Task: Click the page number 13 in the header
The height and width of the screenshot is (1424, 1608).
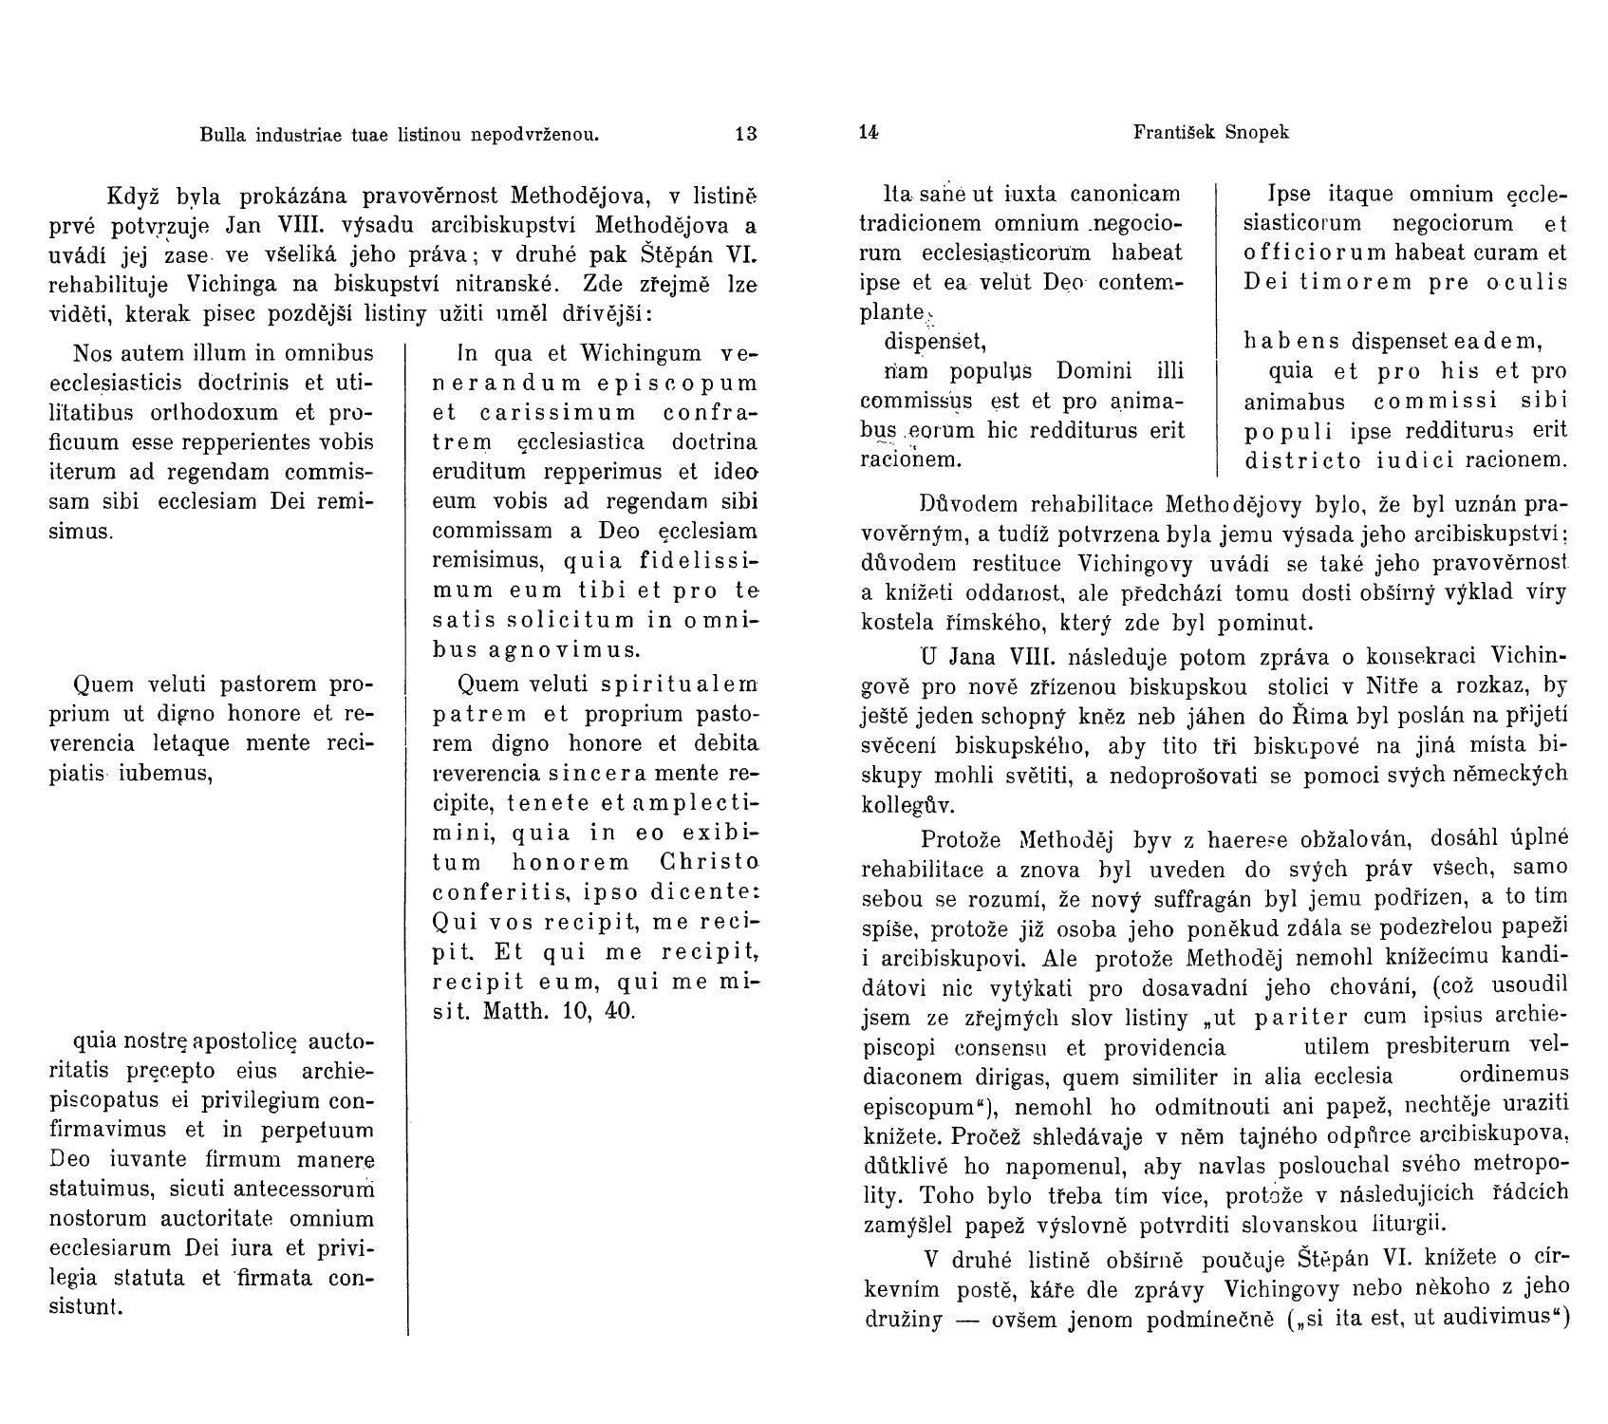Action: [746, 134]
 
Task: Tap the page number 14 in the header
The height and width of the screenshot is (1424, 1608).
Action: [868, 133]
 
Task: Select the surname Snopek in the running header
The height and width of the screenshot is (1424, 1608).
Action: [1255, 133]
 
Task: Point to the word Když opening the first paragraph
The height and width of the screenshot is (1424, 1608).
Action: [133, 197]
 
